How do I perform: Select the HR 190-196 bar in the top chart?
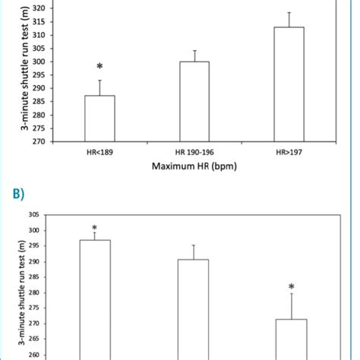(194, 101)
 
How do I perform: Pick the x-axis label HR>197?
(289, 152)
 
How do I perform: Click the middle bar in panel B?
(193, 308)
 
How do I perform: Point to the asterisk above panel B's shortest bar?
(292, 287)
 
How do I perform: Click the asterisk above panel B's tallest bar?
(95, 228)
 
